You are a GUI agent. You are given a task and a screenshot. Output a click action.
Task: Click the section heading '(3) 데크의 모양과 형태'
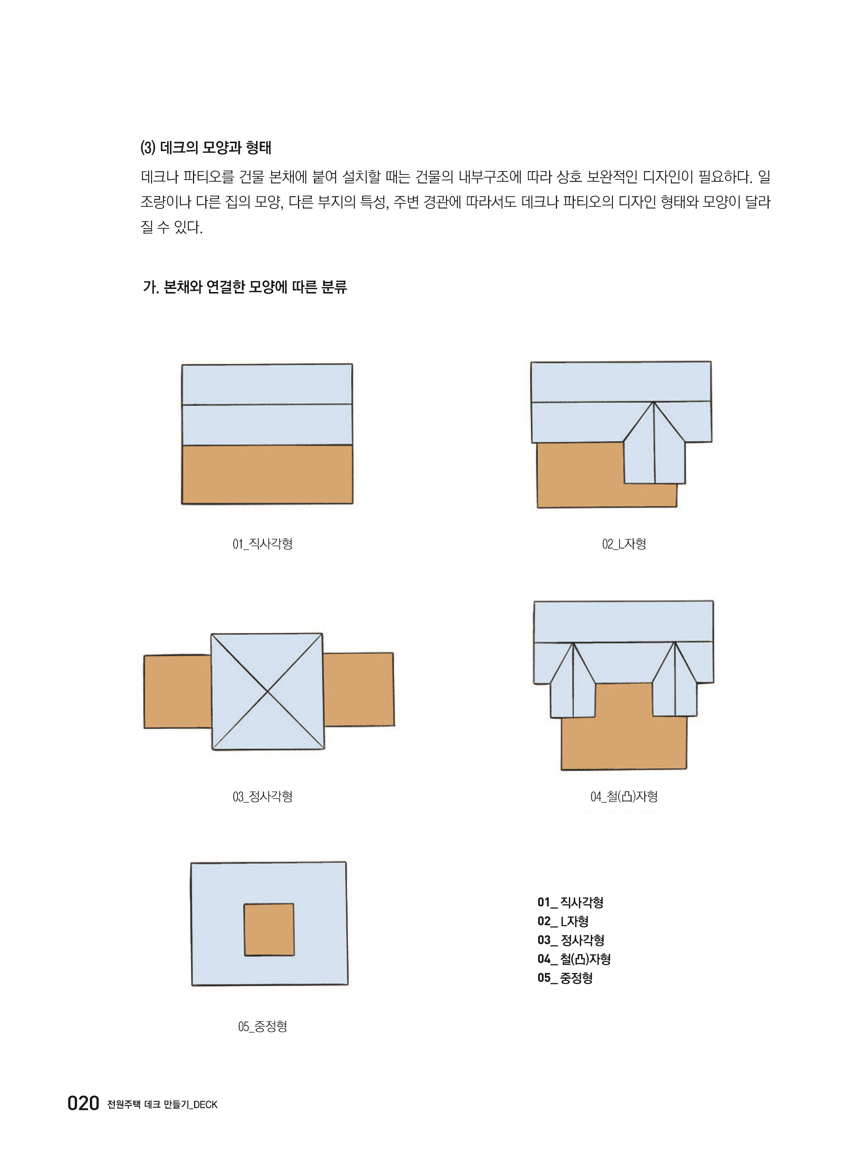(206, 148)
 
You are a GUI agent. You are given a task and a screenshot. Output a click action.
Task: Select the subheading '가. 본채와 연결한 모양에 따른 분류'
(245, 287)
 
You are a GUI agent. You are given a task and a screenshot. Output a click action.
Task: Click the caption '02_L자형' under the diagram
(624, 544)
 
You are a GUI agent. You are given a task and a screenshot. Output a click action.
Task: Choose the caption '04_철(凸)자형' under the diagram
(624, 796)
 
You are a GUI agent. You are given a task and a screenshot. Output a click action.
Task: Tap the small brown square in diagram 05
(269, 930)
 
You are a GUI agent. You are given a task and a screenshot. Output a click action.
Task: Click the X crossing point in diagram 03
(267, 691)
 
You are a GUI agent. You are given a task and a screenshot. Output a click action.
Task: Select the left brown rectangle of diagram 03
(178, 691)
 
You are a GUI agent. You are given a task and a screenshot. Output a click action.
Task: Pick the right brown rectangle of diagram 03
(359, 689)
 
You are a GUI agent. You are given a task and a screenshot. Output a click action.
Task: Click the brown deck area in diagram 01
(267, 474)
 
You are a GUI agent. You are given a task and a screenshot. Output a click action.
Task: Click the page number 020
(83, 1103)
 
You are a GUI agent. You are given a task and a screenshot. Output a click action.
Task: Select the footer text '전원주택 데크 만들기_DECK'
(162, 1104)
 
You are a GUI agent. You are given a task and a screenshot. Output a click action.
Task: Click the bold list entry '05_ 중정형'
(565, 978)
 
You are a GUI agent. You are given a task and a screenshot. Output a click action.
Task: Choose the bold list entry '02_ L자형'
(563, 921)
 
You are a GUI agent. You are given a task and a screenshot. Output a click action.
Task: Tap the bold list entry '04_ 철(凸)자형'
(574, 959)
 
